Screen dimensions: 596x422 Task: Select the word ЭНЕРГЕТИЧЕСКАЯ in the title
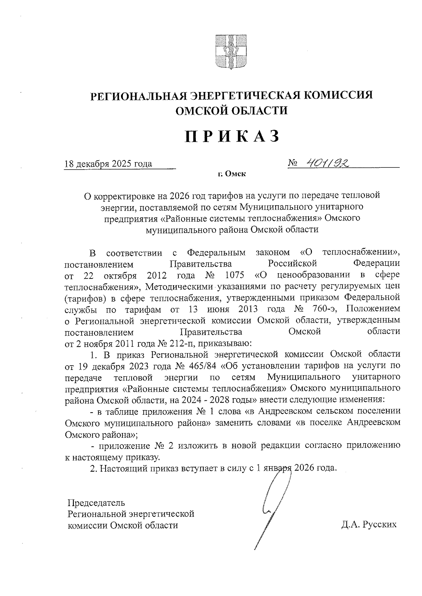(245, 95)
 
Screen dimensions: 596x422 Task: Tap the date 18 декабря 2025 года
(108, 164)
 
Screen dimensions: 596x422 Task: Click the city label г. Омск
(231, 173)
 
